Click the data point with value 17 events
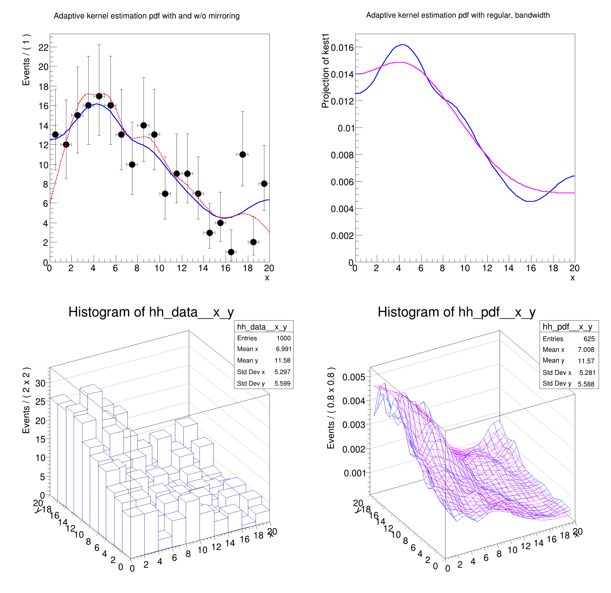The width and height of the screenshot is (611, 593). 99,96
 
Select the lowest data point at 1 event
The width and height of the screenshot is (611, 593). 231,252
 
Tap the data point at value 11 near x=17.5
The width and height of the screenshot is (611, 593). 243,154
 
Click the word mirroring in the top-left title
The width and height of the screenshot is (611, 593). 224,16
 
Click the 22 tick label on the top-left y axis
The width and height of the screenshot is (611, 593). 43,47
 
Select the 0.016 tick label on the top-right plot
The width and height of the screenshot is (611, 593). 342,47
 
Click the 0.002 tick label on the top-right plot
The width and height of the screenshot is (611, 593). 342,236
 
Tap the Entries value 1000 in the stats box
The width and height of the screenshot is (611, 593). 283,338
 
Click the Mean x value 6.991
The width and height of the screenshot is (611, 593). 283,349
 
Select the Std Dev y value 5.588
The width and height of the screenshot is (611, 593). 586,384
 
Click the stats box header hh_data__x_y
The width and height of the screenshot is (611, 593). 262,327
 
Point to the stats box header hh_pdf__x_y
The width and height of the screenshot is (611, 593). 567,327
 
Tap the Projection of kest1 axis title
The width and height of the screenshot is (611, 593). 325,71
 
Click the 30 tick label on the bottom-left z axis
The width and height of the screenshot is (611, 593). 40,383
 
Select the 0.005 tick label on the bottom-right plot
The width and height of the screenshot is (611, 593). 354,377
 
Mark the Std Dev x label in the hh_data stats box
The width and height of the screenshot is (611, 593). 251,372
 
